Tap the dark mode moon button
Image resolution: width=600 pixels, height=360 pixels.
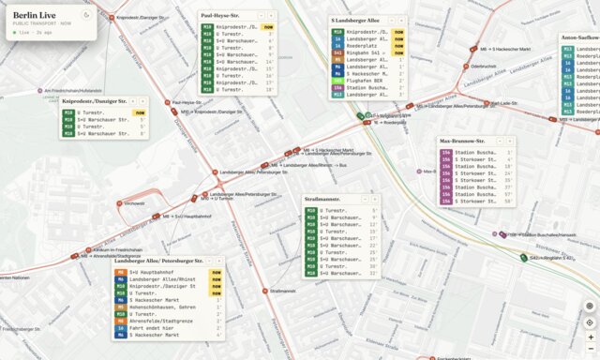[x=86, y=15]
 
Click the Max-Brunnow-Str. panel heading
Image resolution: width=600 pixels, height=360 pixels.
[x=460, y=142]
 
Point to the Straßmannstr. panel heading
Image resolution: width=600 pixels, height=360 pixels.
[x=323, y=200]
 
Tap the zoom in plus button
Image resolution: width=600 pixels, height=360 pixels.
[x=590, y=337]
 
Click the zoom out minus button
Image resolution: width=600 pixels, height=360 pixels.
[x=590, y=350]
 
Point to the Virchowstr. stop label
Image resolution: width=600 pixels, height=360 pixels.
[x=133, y=203]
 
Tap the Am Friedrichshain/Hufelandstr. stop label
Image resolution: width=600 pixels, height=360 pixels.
[x=71, y=91]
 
